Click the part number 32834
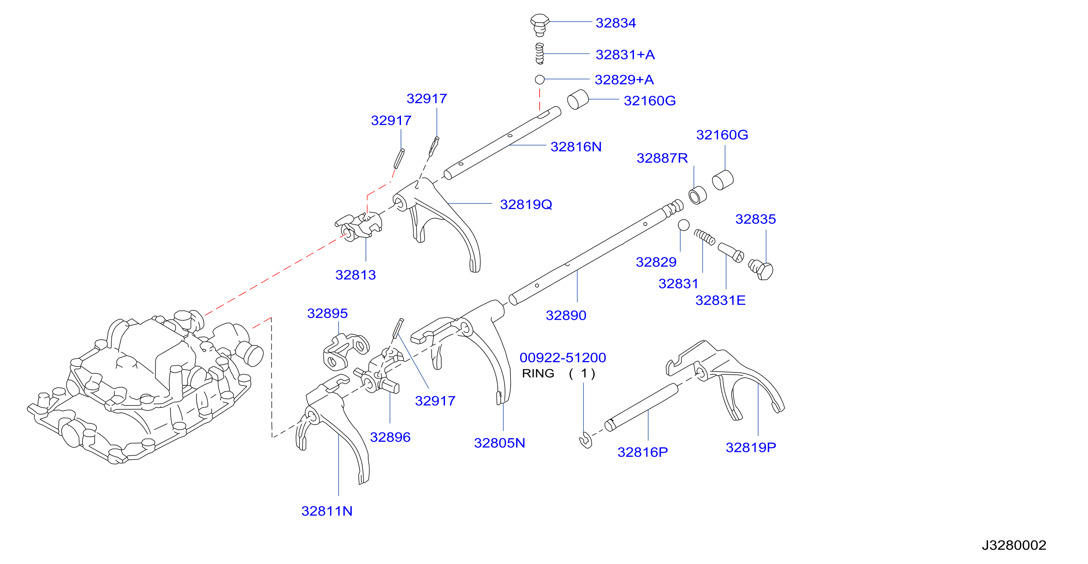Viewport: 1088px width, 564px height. tap(615, 23)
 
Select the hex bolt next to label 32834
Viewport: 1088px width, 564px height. tap(539, 25)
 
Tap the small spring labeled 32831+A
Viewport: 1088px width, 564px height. tap(539, 54)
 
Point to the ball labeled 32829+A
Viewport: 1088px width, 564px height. tap(539, 79)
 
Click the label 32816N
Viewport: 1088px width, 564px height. tap(576, 147)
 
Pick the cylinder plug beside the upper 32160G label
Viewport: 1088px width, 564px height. tap(578, 100)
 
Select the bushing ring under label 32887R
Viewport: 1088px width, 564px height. tap(697, 195)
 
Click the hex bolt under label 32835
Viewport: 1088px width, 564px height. tap(761, 269)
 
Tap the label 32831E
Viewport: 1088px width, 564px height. tap(720, 300)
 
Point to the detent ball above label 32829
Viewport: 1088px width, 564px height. tap(683, 225)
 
